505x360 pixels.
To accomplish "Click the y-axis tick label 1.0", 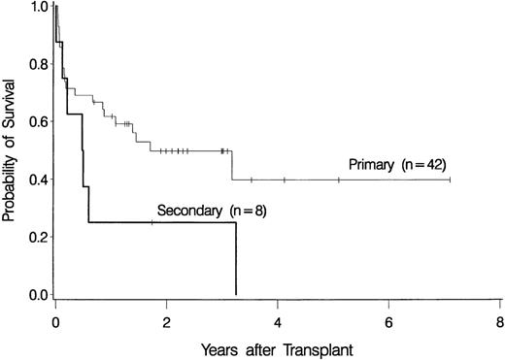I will tap(37, 7).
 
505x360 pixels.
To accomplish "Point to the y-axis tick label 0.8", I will tap(37, 64).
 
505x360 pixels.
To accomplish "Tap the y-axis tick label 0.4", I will tap(37, 180).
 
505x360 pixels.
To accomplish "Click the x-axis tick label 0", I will tap(55, 318).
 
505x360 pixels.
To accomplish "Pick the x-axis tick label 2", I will tap(166, 318).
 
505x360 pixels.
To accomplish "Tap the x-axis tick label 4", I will tap(278, 318).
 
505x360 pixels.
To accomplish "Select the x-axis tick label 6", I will tap(388, 318).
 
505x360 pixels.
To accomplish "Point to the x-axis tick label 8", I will tap(499, 318).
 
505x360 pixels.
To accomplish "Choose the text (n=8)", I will tap(234, 208).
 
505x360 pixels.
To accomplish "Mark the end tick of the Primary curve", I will tap(450, 179).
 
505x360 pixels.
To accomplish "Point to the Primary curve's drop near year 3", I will tap(231, 165).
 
